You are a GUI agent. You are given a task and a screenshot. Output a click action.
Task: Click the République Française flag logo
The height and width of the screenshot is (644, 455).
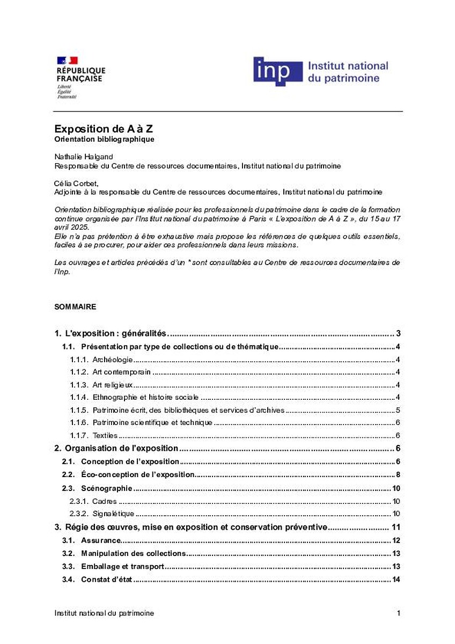67,61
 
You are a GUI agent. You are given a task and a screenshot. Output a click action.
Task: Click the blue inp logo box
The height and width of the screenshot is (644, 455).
277,71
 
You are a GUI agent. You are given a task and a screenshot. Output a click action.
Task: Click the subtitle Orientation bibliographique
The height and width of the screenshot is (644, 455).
104,140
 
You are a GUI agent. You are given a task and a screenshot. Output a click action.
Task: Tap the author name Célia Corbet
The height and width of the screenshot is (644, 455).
76,184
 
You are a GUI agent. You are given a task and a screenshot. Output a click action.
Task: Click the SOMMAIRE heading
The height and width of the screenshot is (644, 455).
75,307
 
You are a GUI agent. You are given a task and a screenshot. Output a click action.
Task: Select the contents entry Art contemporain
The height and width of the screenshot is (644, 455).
121,372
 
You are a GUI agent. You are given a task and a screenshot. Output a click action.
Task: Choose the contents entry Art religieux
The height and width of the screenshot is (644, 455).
113,385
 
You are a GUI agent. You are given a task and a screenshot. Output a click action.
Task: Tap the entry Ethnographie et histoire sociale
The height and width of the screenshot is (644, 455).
145,398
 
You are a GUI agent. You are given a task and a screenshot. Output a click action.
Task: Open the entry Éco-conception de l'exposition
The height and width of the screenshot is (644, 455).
137,475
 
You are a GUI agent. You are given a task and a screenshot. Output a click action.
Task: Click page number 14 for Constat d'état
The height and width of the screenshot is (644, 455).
397,580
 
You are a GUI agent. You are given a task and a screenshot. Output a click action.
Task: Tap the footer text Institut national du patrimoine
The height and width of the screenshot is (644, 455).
104,613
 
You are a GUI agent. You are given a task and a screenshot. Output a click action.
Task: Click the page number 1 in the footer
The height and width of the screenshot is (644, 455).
399,613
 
